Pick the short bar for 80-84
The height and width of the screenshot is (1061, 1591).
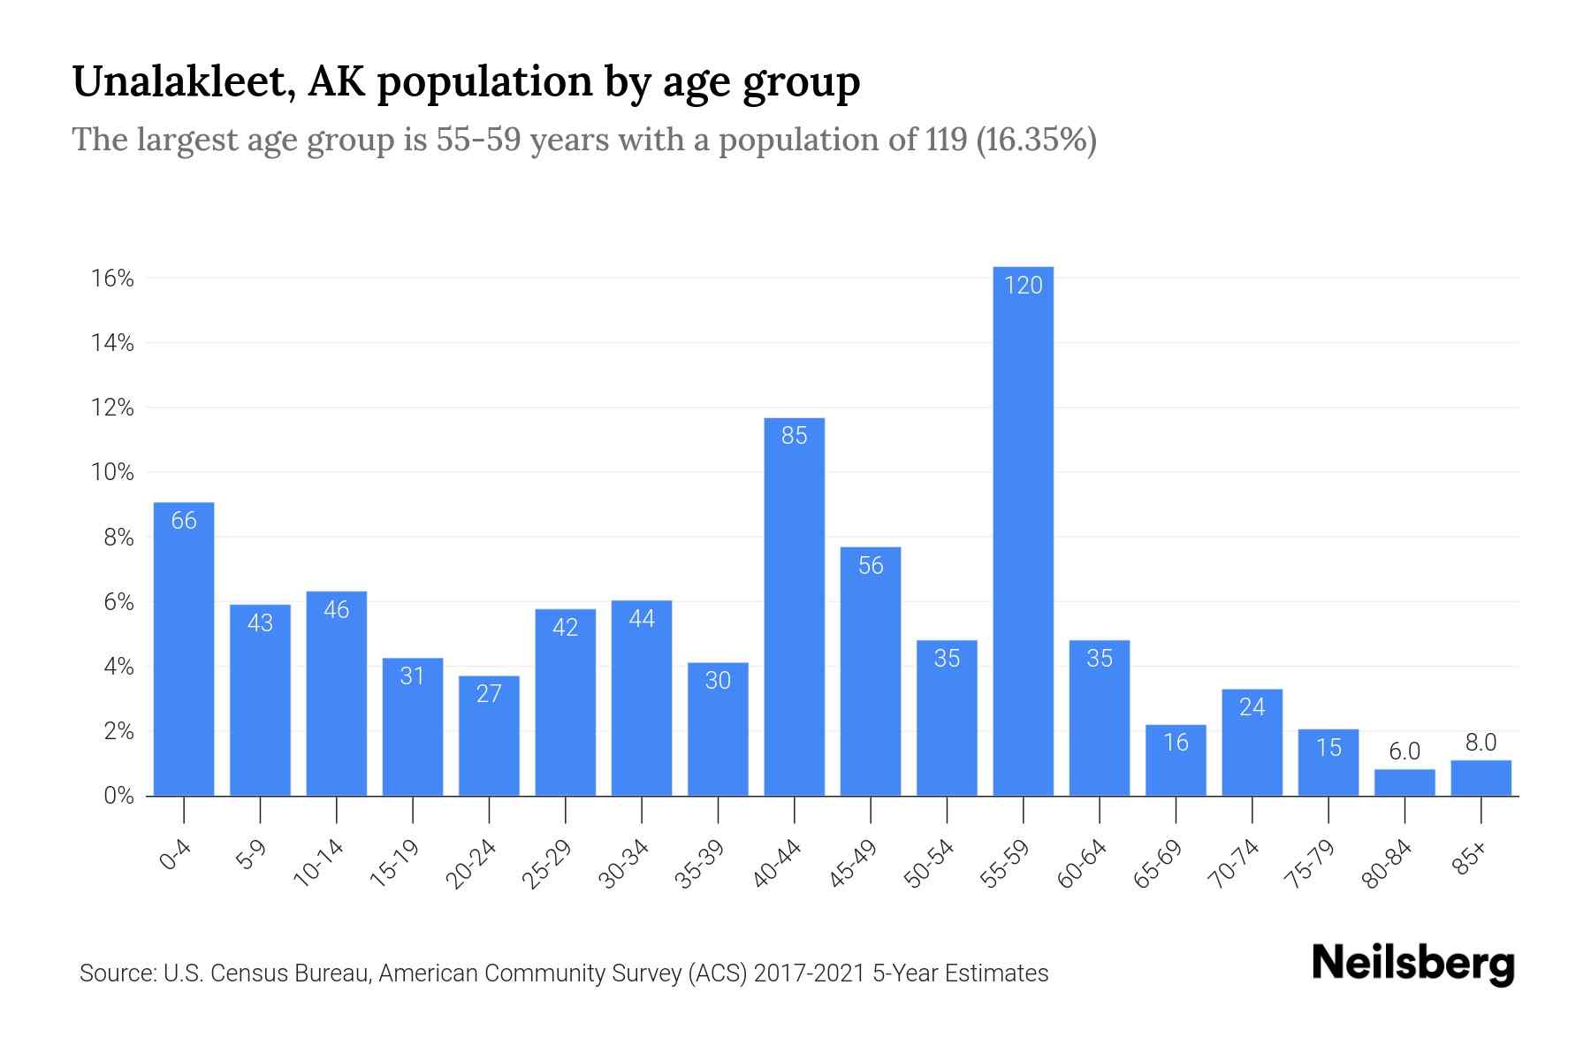(1404, 782)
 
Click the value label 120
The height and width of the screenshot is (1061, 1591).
(1023, 285)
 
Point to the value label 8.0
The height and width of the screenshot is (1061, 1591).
(1481, 743)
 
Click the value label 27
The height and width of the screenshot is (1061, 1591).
(489, 693)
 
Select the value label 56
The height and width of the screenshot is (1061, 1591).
(870, 565)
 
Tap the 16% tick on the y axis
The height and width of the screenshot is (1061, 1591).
(112, 279)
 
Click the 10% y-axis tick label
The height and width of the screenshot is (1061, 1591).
(112, 472)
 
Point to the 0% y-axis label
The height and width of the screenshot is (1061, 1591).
(118, 796)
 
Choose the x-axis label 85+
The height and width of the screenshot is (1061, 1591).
(1470, 859)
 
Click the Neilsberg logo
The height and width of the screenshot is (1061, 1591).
(1412, 965)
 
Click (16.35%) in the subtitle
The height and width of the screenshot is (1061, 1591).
(1036, 140)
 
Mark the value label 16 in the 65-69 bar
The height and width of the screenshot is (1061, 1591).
(1175, 742)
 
